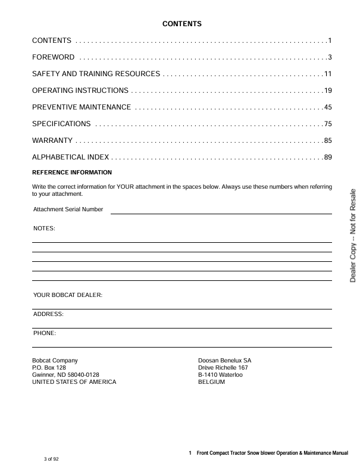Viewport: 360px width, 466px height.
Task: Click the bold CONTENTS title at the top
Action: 182,24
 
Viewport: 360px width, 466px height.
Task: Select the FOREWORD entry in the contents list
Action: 53,57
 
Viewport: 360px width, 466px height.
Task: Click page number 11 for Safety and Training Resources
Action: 327,74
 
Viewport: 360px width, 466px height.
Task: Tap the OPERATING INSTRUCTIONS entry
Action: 80,90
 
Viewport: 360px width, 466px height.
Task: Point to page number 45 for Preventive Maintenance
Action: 327,107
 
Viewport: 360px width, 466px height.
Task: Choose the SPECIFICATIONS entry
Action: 61,124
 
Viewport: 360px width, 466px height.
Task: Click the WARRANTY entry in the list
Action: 52,140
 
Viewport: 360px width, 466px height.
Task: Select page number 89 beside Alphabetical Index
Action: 327,157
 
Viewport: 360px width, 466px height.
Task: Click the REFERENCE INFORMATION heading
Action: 71,173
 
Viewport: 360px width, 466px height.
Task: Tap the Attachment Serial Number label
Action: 68,209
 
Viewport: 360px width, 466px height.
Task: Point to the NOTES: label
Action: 44,229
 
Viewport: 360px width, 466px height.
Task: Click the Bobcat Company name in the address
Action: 55,361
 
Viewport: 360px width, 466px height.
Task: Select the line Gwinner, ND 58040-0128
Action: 65,375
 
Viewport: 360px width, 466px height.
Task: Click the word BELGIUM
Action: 211,382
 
